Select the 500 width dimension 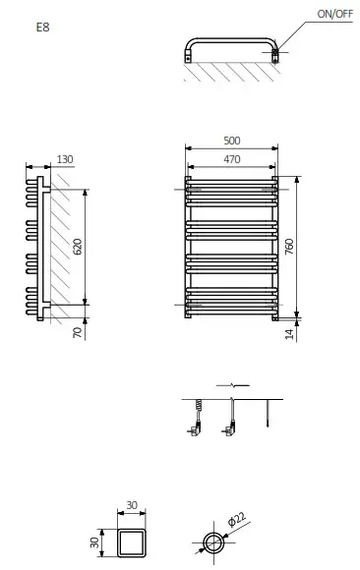[x=232, y=141]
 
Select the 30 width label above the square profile [x=133, y=507]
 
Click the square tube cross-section [x=133, y=542]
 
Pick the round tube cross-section [x=211, y=543]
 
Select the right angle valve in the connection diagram [x=231, y=426]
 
